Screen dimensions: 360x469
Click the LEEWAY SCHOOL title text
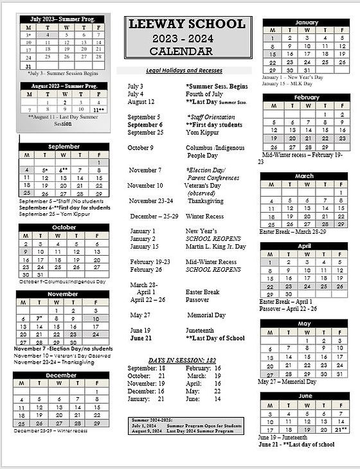(x=187, y=24)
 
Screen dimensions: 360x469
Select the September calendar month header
(x=63, y=146)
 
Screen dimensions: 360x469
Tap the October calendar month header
(x=63, y=227)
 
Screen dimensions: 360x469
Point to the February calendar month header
(x=306, y=98)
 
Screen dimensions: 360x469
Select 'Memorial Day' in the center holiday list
(x=206, y=315)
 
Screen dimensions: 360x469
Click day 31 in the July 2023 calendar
(x=28, y=66)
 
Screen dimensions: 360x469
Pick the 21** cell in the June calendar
(x=340, y=429)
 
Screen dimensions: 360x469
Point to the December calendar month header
(x=61, y=375)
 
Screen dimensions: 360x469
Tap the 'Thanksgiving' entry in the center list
(x=205, y=200)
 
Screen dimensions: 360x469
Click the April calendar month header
(x=303, y=246)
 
